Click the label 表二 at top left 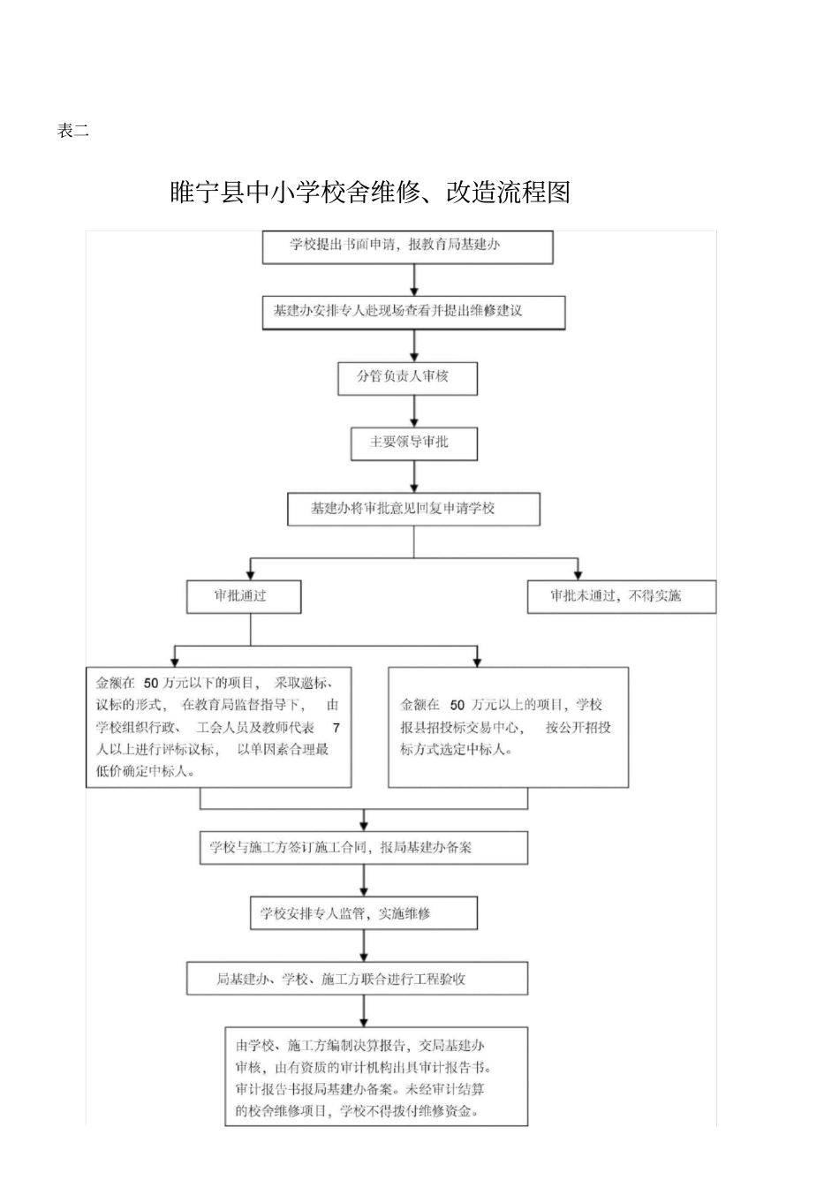pyautogui.click(x=72, y=132)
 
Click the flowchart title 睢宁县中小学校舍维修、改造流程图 pyautogui.click(x=370, y=192)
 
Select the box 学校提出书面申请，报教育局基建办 pyautogui.click(x=407, y=246)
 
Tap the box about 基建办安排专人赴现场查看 pyautogui.click(x=413, y=312)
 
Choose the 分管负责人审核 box pyautogui.click(x=407, y=377)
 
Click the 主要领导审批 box pyautogui.click(x=413, y=443)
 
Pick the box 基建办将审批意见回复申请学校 pyautogui.click(x=413, y=509)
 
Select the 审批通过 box pyautogui.click(x=243, y=596)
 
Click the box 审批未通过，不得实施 pyautogui.click(x=621, y=596)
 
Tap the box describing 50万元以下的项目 pyautogui.click(x=218, y=727)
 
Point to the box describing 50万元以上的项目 pyautogui.click(x=508, y=727)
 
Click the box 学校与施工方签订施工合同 pyautogui.click(x=363, y=847)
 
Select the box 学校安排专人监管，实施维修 pyautogui.click(x=363, y=913)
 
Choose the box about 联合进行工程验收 pyautogui.click(x=357, y=979)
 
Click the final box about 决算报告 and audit pyautogui.click(x=375, y=1077)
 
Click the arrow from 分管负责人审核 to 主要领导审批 pyautogui.click(x=414, y=411)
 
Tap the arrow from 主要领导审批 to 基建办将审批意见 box pyautogui.click(x=414, y=477)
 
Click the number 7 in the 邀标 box pyautogui.click(x=336, y=728)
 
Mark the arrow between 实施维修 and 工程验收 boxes pyautogui.click(x=364, y=946)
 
